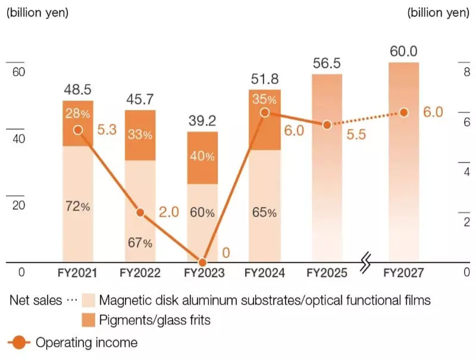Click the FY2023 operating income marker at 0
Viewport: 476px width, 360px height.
(x=202, y=262)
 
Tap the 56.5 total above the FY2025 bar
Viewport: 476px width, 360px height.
(x=326, y=64)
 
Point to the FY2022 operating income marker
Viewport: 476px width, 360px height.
(x=140, y=212)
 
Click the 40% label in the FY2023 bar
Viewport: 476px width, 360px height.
(x=202, y=156)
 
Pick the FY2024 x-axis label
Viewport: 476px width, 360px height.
(x=265, y=273)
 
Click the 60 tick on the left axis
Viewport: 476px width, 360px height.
(x=18, y=72)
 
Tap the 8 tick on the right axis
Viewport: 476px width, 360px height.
(x=467, y=72)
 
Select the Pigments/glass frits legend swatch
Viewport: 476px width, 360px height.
(x=88, y=321)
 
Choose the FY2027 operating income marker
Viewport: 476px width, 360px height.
(x=404, y=112)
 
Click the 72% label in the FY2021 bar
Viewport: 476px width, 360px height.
(x=78, y=206)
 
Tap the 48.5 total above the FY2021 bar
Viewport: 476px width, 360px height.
(x=78, y=90)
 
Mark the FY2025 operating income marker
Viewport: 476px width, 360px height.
(x=326, y=125)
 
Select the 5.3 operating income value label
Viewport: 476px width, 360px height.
(x=107, y=130)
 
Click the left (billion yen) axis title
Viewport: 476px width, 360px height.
(x=37, y=12)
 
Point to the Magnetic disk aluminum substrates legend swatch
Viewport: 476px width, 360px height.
(x=88, y=300)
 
